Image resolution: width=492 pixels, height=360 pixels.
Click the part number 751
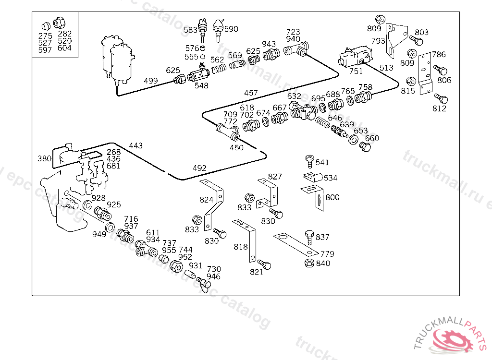point(356,71)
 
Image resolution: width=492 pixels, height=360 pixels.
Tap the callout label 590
point(231,29)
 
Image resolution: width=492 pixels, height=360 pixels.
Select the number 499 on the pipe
point(150,81)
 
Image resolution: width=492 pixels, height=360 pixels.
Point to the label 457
point(251,93)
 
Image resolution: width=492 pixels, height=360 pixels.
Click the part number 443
point(135,145)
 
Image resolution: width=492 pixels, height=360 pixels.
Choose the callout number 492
point(199,168)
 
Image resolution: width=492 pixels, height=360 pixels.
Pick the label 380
point(44,158)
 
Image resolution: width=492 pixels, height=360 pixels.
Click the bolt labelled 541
point(309,160)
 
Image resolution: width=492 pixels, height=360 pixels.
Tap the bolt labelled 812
point(443,99)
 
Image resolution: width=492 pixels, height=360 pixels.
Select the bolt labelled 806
point(438,70)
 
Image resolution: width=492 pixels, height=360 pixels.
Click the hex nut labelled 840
point(309,263)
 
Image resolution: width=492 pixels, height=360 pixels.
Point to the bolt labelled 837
point(309,236)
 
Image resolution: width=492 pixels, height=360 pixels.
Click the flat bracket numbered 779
point(295,244)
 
